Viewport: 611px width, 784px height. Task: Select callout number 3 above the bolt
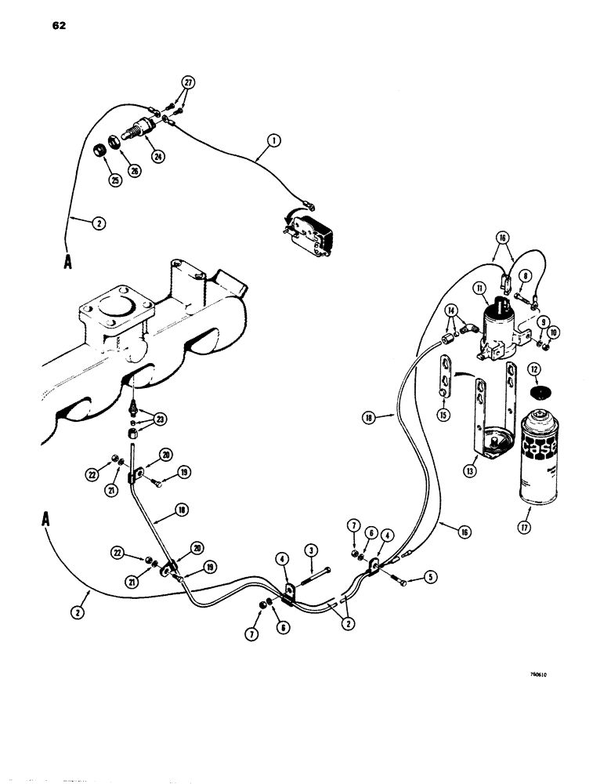(x=312, y=549)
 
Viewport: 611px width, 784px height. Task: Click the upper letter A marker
(x=70, y=263)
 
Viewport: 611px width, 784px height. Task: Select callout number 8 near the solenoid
(x=522, y=275)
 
